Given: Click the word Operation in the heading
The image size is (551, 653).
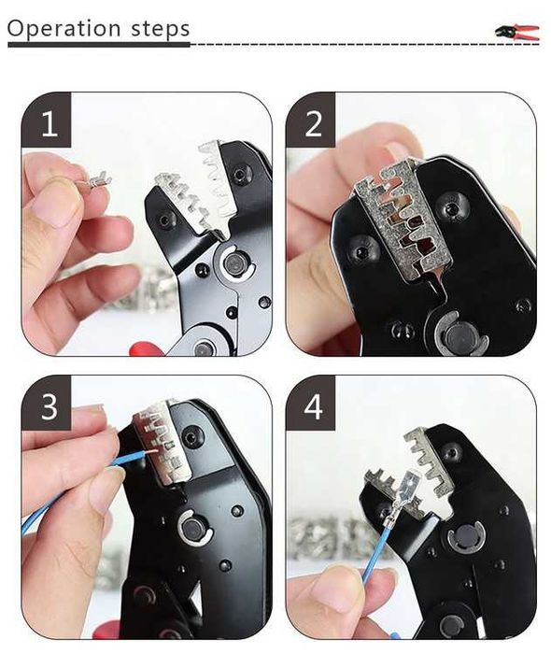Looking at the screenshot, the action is [64, 28].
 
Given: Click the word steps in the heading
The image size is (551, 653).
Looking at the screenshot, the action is [161, 29].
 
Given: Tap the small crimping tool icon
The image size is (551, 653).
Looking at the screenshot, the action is [517, 32].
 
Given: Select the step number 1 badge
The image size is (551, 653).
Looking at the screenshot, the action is [47, 121].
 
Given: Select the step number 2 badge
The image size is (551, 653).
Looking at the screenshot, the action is [311, 121].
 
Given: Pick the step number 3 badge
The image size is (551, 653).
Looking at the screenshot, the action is [47, 404].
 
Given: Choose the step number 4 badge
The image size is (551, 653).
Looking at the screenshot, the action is [311, 404].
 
